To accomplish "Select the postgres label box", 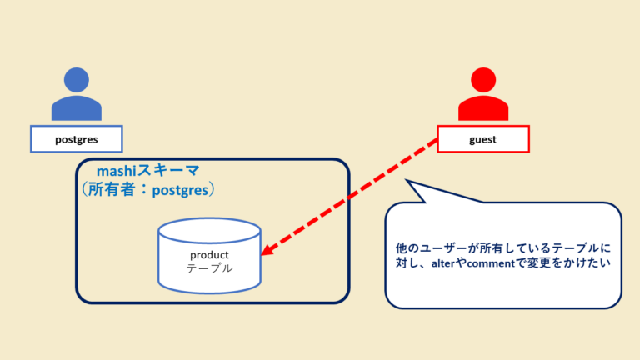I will point(77,139).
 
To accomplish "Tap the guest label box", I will point(483,139).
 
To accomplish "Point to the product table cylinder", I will point(209,257).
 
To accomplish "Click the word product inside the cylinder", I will point(209,254).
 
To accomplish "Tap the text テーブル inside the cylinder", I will point(209,269).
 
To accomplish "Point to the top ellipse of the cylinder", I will point(209,231).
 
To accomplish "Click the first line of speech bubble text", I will point(503,248).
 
